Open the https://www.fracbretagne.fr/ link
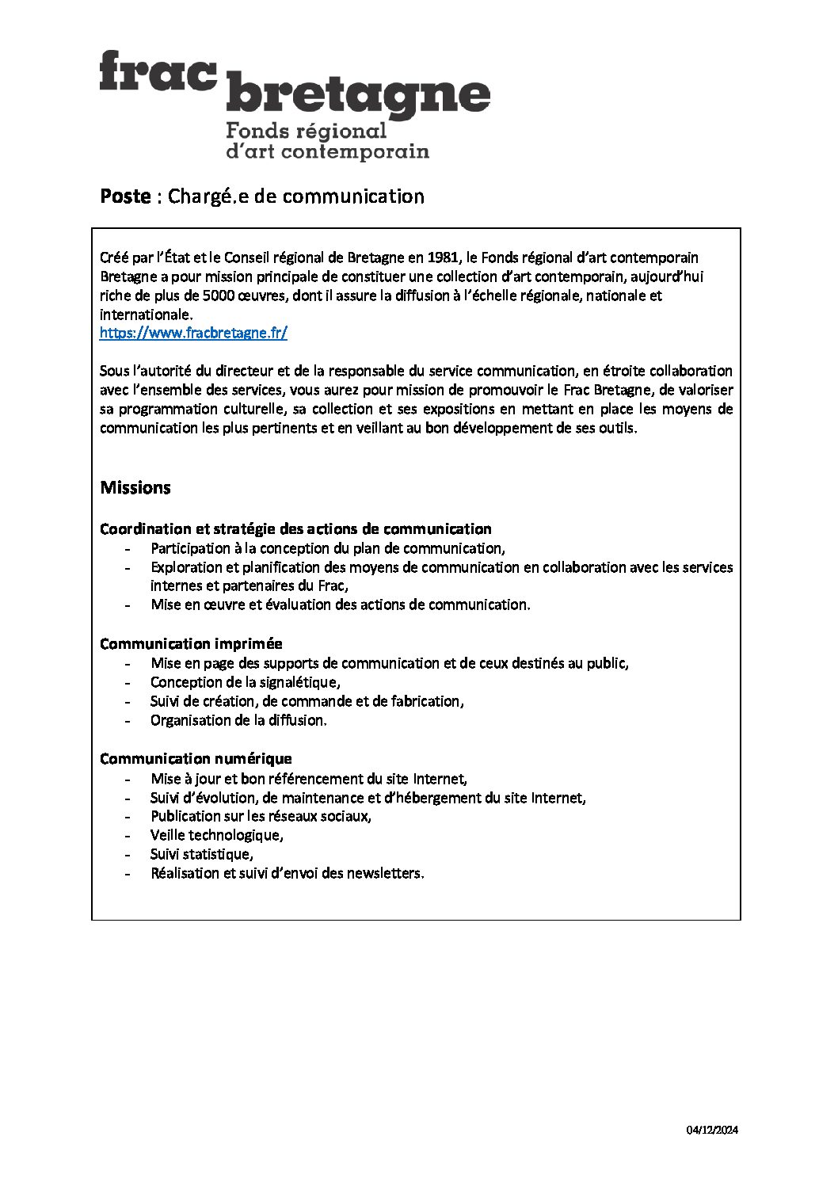(193, 334)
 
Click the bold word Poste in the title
(125, 196)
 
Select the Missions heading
(135, 488)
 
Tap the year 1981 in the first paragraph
(444, 257)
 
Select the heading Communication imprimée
(191, 644)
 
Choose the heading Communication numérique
(196, 759)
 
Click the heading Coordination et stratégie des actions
(295, 528)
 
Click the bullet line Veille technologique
(216, 835)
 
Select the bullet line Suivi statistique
(201, 854)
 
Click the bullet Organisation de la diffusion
(238, 720)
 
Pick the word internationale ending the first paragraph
(146, 315)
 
